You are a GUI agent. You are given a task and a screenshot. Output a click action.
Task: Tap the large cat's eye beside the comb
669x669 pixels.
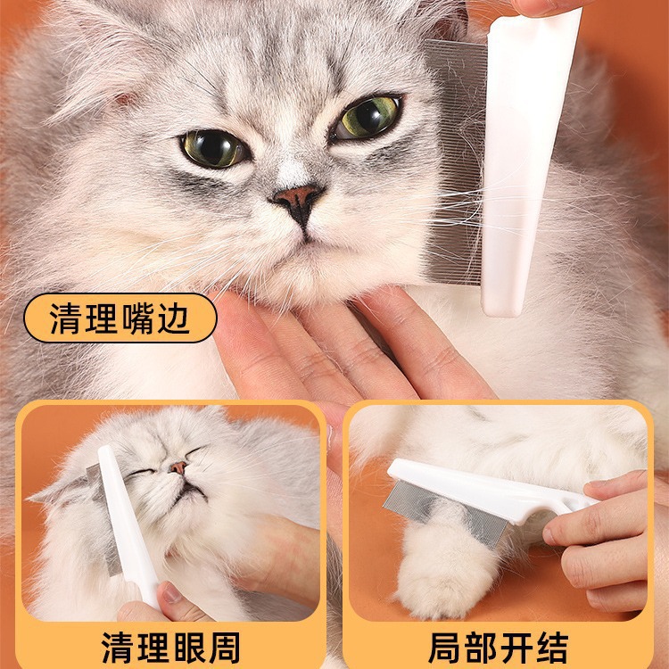(368, 116)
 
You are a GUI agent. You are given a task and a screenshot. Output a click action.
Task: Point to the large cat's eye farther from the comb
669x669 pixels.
(212, 148)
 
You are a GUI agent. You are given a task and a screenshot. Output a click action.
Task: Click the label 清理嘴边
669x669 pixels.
(120, 318)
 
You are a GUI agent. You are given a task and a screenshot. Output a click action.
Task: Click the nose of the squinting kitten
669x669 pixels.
(178, 467)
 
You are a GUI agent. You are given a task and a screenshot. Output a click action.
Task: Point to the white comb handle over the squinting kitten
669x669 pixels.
(128, 524)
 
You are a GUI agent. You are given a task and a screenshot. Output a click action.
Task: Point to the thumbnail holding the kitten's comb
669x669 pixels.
(171, 594)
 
